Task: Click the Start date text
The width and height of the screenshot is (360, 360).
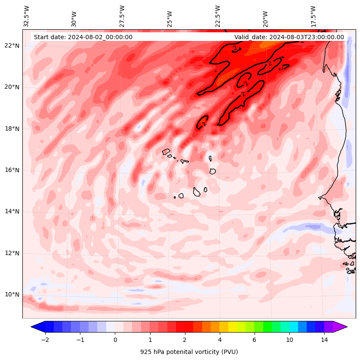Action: (x=83, y=37)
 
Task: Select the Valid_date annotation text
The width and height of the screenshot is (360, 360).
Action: (x=289, y=37)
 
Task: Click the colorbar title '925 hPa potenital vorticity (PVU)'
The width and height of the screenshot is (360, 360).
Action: (x=189, y=352)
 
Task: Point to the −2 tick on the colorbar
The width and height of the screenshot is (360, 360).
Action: (x=45, y=340)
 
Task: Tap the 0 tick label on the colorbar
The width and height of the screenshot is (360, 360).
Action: (x=115, y=340)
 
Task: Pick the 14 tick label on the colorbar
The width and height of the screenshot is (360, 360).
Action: (x=324, y=340)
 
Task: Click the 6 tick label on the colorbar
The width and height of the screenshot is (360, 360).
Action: (x=254, y=340)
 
